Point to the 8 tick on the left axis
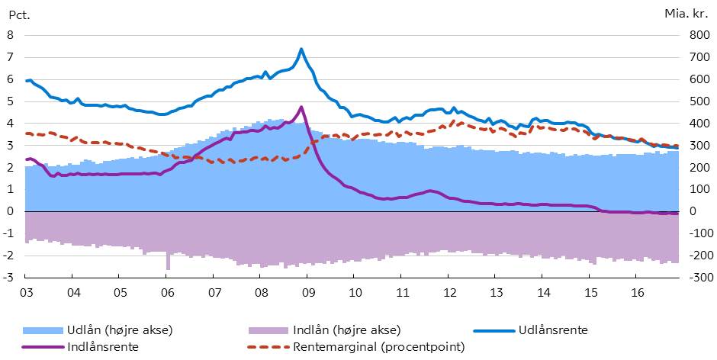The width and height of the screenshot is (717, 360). tap(11, 35)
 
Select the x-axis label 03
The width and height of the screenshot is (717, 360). tap(26, 292)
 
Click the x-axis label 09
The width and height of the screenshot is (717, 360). tap(308, 292)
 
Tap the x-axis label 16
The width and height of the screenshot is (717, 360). tap(638, 292)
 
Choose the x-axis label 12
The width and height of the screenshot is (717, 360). tap(450, 292)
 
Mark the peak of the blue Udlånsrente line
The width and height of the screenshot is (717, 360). tap(301, 50)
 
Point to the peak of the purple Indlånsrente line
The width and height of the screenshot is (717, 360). tap(301, 107)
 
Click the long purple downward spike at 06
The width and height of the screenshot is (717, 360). tap(168, 263)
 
